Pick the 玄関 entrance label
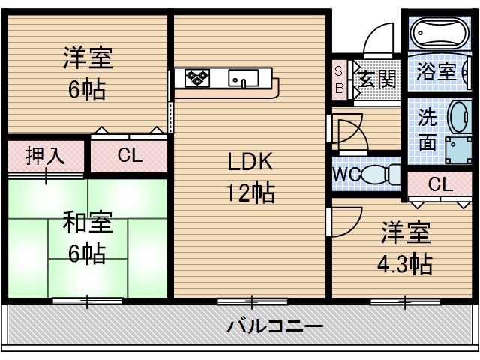[376, 76]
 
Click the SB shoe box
[339, 78]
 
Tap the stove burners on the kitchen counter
[199, 76]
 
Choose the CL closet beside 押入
[129, 156]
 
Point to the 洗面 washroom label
[427, 129]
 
